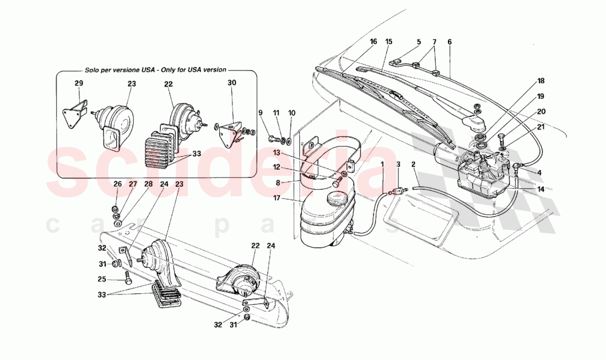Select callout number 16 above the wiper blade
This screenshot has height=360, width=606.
pos(374,41)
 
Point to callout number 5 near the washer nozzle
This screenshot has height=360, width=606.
pos(419,41)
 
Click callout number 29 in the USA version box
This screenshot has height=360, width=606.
pos(79,83)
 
